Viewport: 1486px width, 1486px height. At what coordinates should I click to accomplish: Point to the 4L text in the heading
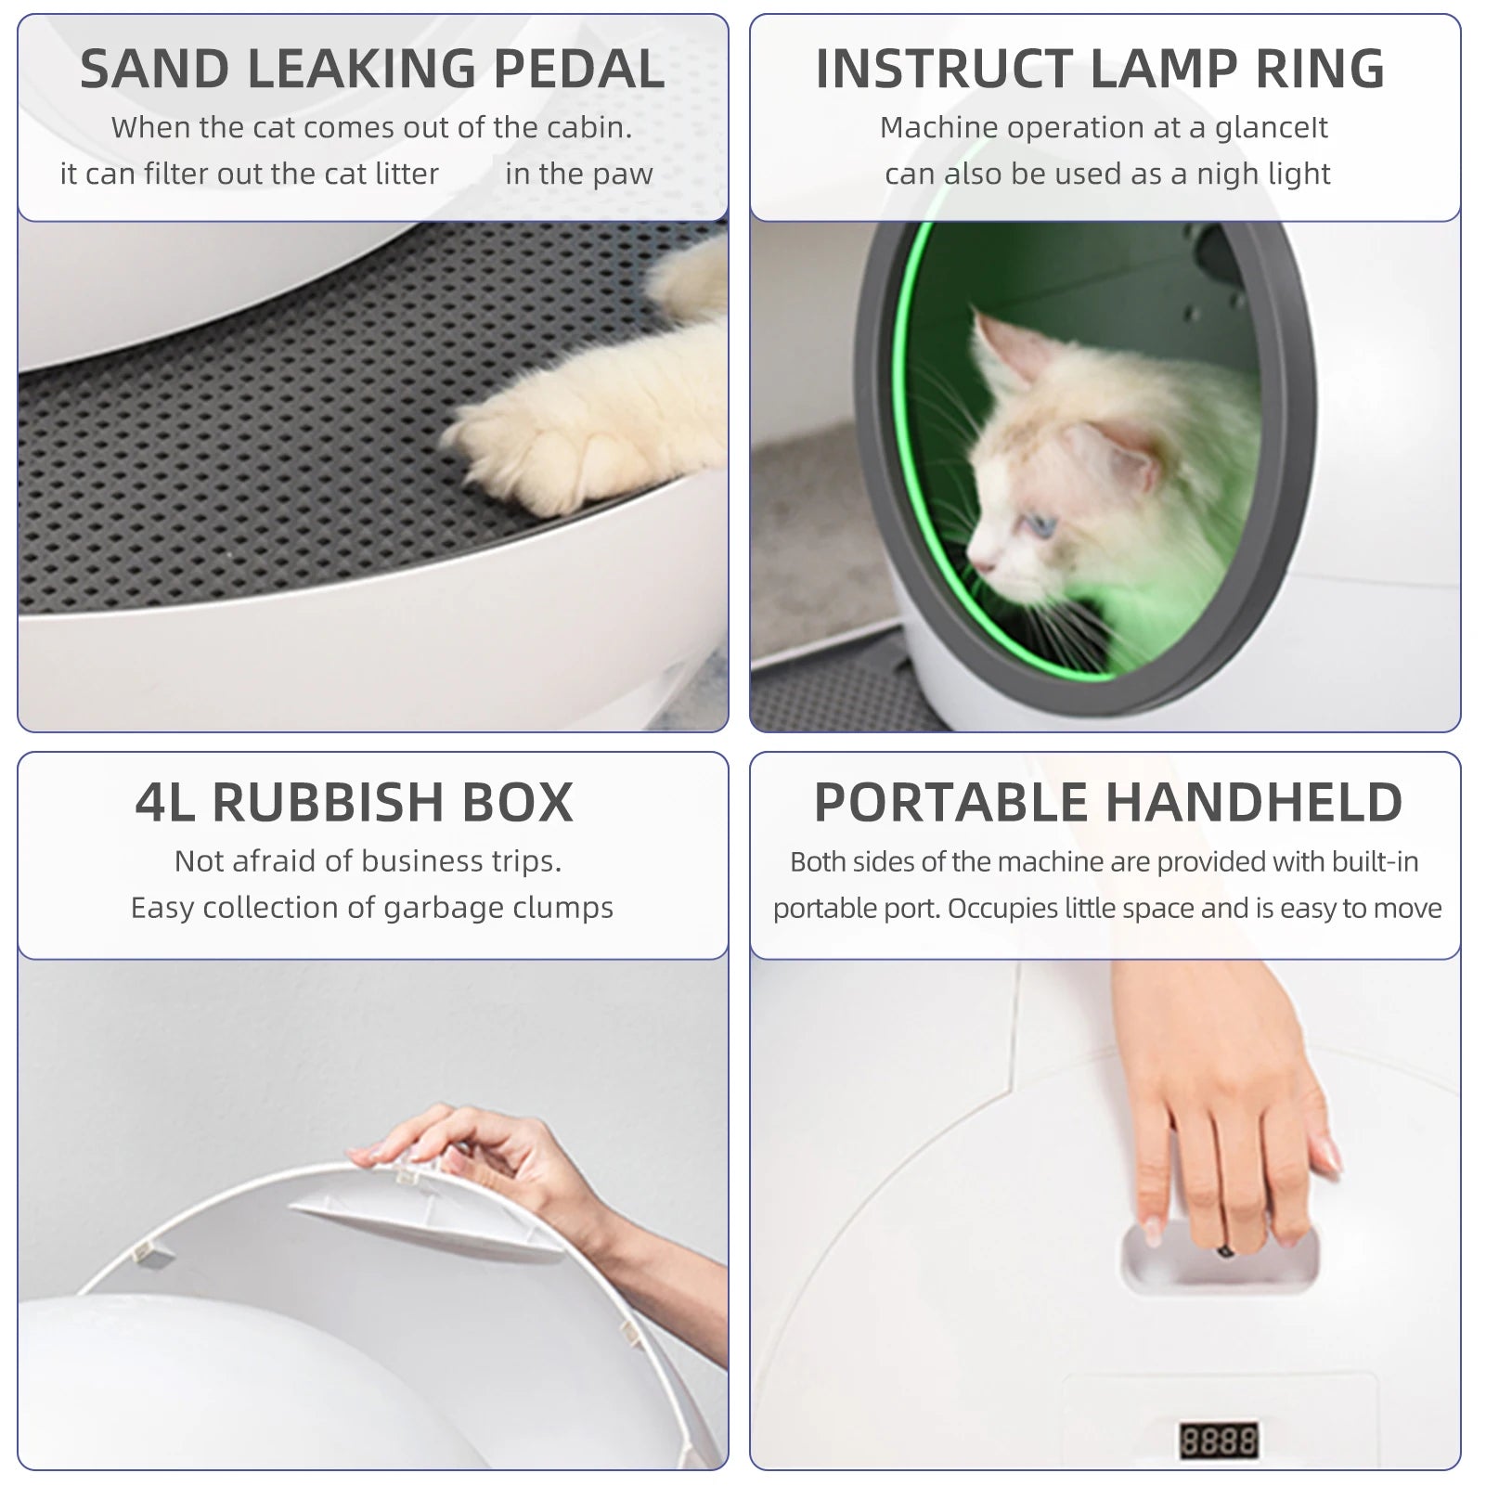(165, 803)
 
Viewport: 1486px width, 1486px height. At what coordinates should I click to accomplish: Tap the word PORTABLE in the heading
(950, 803)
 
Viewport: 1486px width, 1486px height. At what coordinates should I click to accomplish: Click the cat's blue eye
(1042, 525)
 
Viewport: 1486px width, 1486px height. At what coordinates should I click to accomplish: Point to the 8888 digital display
(1218, 1440)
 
